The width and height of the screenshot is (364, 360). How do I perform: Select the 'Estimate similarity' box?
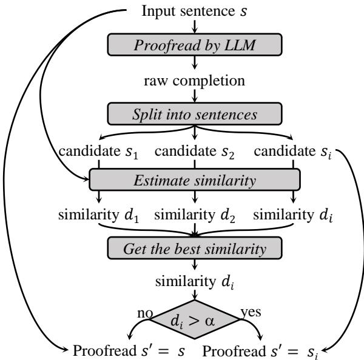tap(195, 179)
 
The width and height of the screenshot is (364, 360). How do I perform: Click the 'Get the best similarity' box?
tap(195, 248)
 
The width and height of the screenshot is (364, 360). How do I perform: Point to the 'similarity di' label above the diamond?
tap(195, 282)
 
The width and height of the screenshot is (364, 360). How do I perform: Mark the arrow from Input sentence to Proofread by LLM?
tap(195, 25)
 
